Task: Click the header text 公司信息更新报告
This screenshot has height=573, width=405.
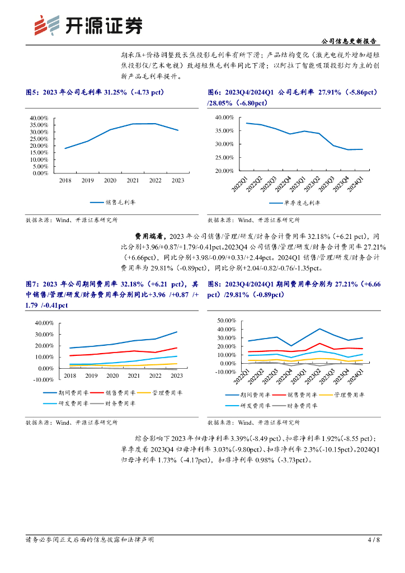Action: tap(349, 41)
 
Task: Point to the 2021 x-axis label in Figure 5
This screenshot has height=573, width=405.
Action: tap(133, 180)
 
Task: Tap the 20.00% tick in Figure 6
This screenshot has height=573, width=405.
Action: tap(224, 171)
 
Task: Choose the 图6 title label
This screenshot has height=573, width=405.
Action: tap(215, 92)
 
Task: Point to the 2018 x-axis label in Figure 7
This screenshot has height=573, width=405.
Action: tap(70, 376)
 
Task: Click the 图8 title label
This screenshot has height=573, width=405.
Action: tap(215, 284)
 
